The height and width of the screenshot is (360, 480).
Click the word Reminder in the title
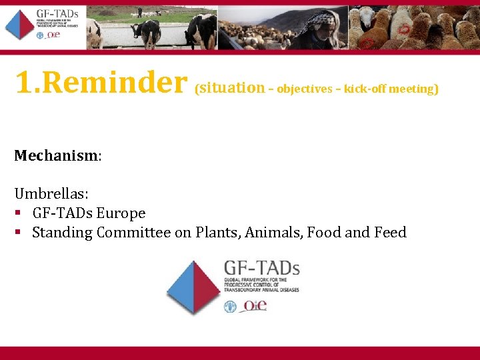119,83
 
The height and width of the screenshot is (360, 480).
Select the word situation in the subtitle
232,87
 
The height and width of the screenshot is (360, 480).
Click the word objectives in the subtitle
304,89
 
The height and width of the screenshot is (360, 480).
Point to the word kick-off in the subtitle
366,89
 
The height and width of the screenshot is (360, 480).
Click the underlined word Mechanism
55,156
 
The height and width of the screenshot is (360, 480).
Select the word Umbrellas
51,194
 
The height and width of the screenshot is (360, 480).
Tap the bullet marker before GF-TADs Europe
19,213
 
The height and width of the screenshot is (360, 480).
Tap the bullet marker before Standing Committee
19,233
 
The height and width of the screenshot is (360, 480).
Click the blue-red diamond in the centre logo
193,287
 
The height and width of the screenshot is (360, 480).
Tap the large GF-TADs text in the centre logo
261,268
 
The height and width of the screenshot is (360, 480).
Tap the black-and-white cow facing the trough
146,30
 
